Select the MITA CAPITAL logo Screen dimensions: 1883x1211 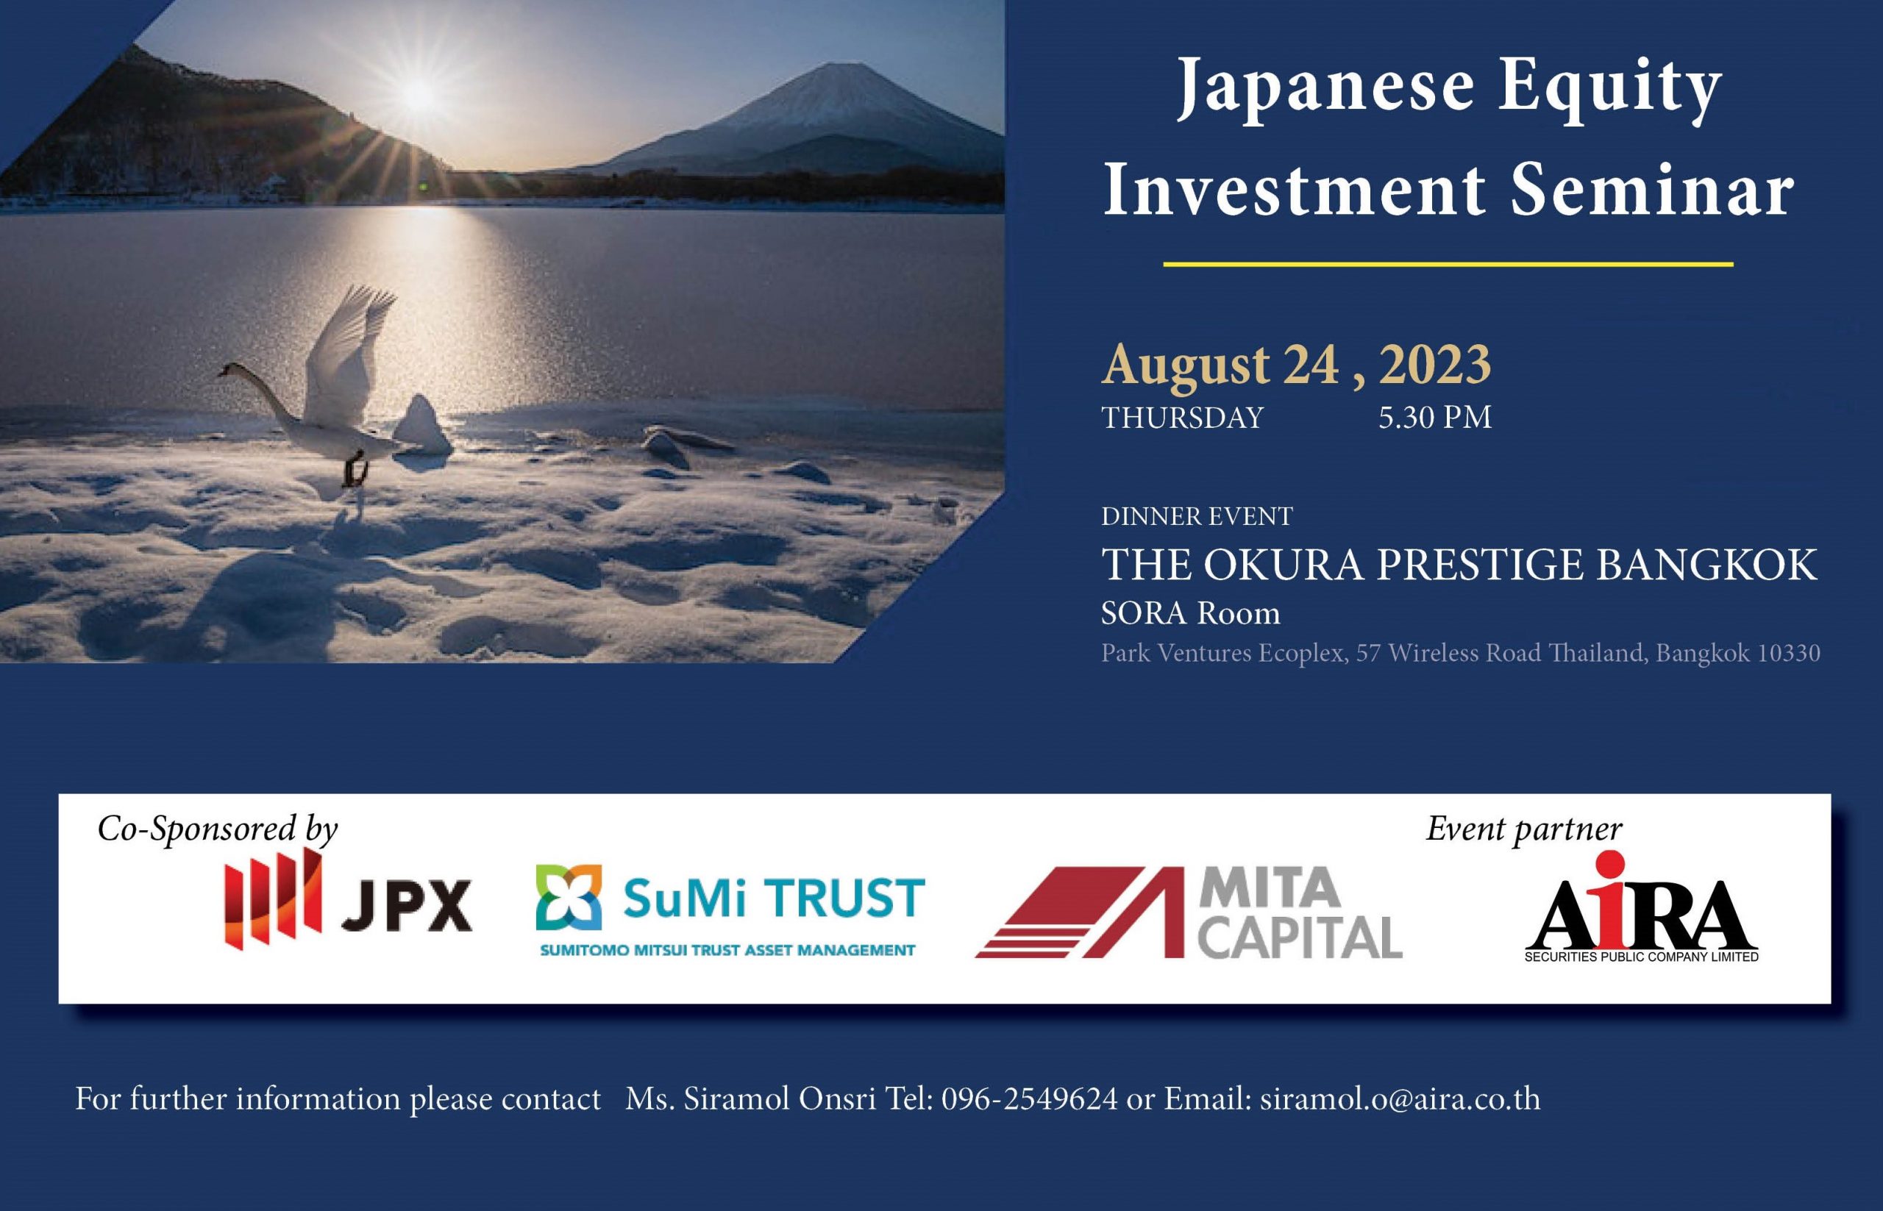1188,912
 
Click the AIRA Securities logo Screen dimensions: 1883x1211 1642,908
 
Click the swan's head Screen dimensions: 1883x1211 229,371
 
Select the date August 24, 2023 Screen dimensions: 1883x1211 1295,364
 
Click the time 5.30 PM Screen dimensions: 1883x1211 1434,418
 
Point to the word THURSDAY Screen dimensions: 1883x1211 1182,418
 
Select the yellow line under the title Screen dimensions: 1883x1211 1448,264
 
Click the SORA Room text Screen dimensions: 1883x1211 1190,612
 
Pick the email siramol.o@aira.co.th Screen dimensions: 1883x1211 1400,1099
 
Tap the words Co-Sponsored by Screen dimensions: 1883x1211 217,830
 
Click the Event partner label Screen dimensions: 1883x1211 1524,829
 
